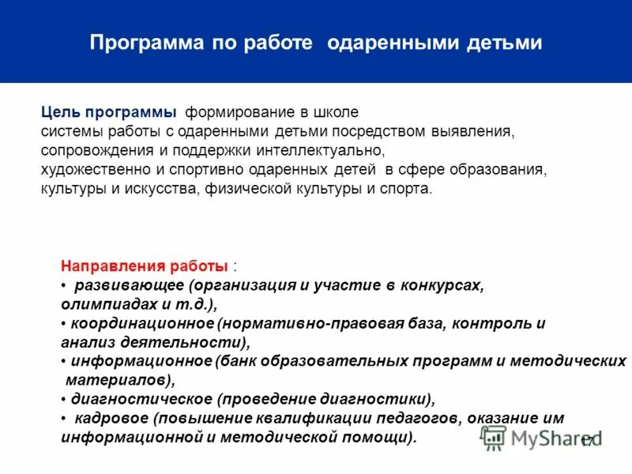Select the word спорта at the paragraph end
coord(411,190)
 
